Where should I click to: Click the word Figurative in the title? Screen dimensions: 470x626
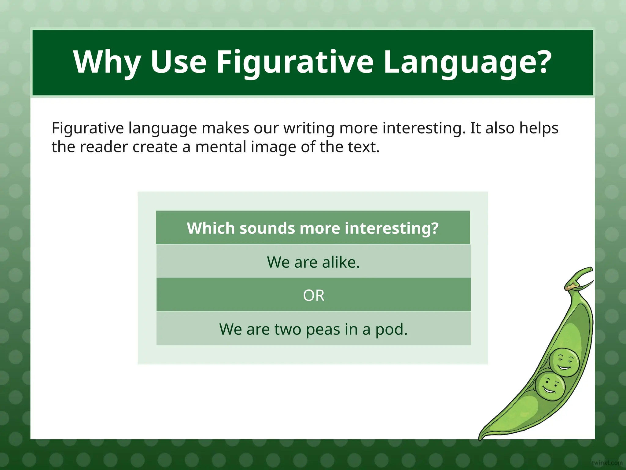click(x=295, y=62)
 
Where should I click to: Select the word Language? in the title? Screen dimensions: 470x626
click(x=467, y=62)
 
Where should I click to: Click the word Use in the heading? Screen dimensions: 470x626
click(x=179, y=62)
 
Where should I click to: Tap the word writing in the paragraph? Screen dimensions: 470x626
click(x=309, y=128)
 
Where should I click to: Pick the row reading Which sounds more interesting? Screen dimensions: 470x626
click(x=313, y=228)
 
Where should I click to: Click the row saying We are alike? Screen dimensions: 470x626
click(x=313, y=262)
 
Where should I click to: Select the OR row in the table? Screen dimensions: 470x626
click(x=313, y=295)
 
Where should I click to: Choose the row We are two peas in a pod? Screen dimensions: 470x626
click(x=313, y=329)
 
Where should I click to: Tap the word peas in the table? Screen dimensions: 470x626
click(x=323, y=330)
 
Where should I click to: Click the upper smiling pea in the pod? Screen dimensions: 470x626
click(x=564, y=362)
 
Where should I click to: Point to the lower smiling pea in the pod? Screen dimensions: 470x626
click(x=550, y=386)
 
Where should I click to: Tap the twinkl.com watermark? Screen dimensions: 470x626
click(x=607, y=463)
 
